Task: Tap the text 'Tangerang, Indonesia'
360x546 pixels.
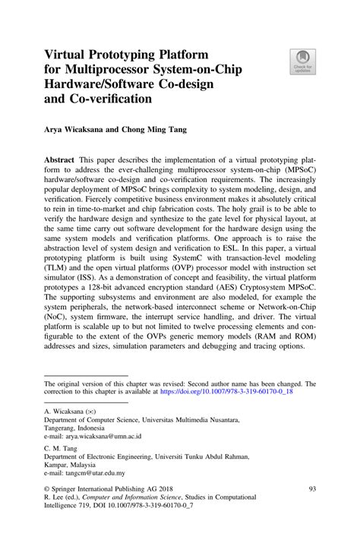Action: click(x=78, y=427)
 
